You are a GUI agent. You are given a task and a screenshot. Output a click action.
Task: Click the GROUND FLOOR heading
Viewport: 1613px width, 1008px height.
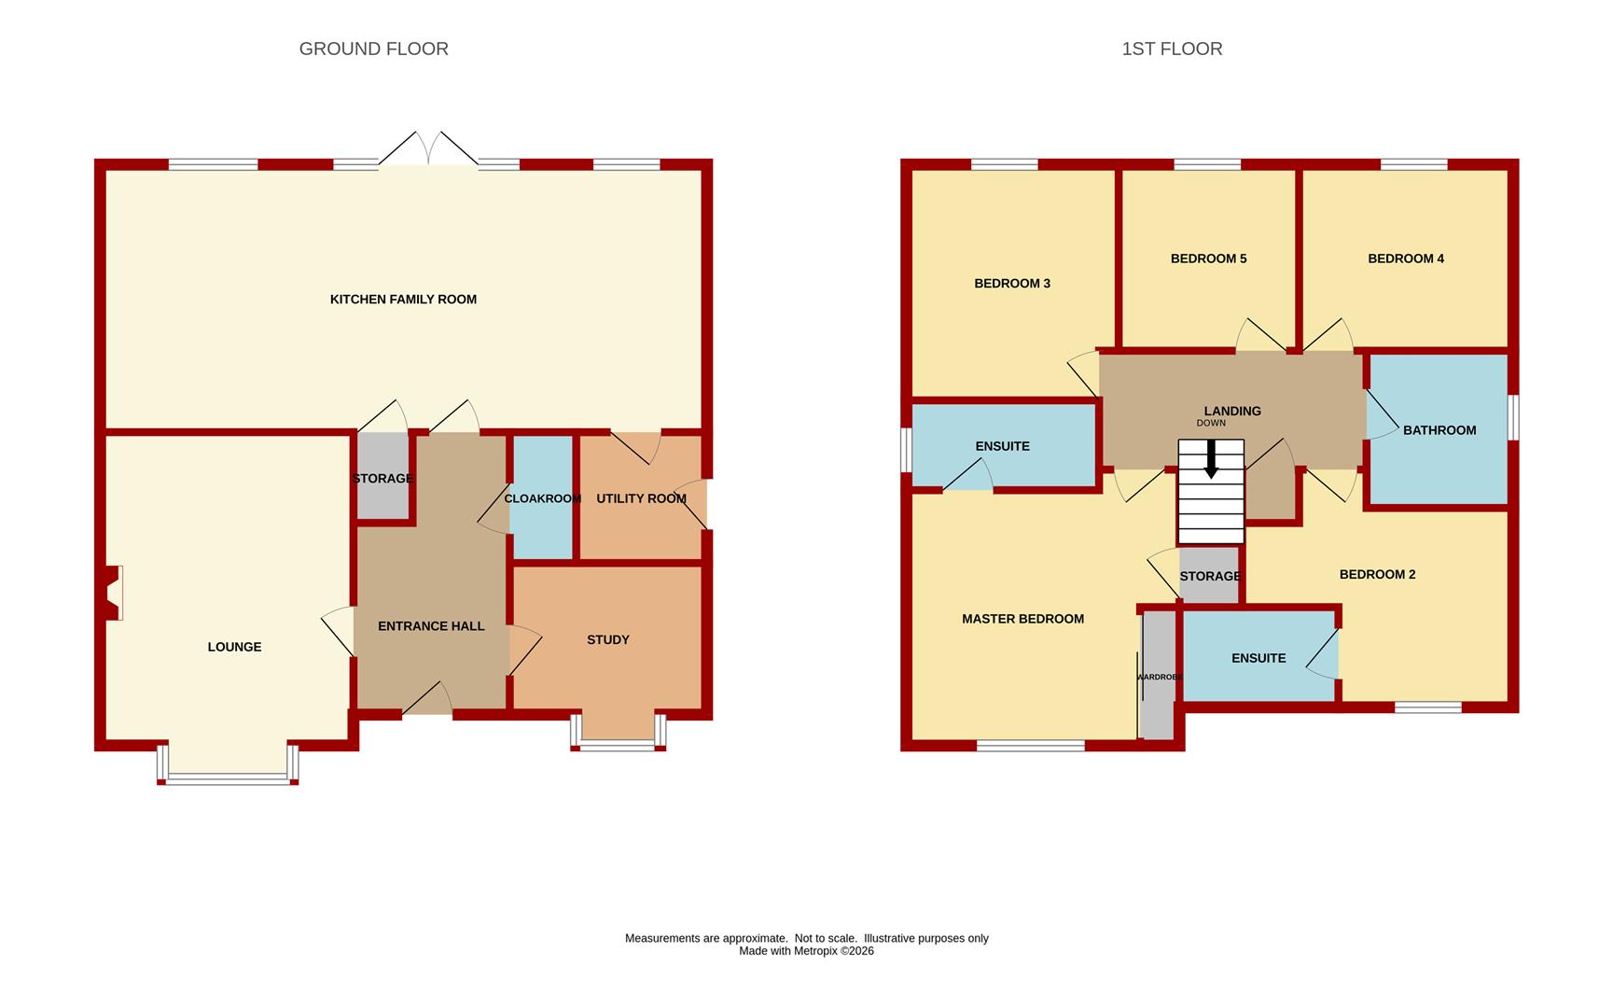(x=373, y=49)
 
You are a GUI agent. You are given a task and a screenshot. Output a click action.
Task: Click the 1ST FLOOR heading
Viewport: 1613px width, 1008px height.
(x=1172, y=49)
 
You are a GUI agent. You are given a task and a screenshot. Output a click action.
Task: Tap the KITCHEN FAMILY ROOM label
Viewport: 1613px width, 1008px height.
(x=403, y=300)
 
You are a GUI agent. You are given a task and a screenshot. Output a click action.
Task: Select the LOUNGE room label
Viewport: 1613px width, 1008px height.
(x=234, y=647)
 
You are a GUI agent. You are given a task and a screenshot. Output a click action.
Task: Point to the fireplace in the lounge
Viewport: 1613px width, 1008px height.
(x=114, y=593)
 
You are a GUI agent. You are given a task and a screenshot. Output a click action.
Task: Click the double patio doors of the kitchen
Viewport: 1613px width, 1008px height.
(x=428, y=151)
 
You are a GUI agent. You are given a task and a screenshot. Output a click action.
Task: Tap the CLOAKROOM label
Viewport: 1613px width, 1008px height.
(x=542, y=498)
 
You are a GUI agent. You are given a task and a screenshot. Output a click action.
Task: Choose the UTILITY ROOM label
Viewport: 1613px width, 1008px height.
(x=641, y=498)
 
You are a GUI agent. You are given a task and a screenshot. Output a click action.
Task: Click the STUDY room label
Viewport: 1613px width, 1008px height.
(x=607, y=639)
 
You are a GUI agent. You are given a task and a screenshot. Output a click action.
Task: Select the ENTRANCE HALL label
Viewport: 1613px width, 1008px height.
(x=431, y=626)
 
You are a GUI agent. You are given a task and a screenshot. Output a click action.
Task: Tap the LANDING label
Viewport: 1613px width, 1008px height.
(x=1232, y=411)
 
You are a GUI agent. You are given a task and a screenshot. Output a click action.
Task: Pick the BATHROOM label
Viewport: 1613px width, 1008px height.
(x=1439, y=430)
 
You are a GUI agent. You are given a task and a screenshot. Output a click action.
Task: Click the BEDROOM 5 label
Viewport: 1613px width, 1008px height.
(x=1208, y=259)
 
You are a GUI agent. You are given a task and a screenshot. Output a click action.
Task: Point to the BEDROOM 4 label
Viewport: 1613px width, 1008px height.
(x=1406, y=259)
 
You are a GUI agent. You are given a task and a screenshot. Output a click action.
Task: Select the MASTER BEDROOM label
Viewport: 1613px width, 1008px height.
(x=1022, y=619)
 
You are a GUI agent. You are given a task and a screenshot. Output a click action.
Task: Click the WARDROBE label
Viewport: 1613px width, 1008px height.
(x=1160, y=677)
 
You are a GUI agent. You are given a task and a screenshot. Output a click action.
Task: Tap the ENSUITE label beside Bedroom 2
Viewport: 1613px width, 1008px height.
(x=1258, y=658)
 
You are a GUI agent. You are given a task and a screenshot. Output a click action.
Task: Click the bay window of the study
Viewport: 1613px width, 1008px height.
(x=619, y=732)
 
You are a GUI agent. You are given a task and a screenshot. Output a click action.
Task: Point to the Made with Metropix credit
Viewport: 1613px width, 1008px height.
(x=806, y=951)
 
